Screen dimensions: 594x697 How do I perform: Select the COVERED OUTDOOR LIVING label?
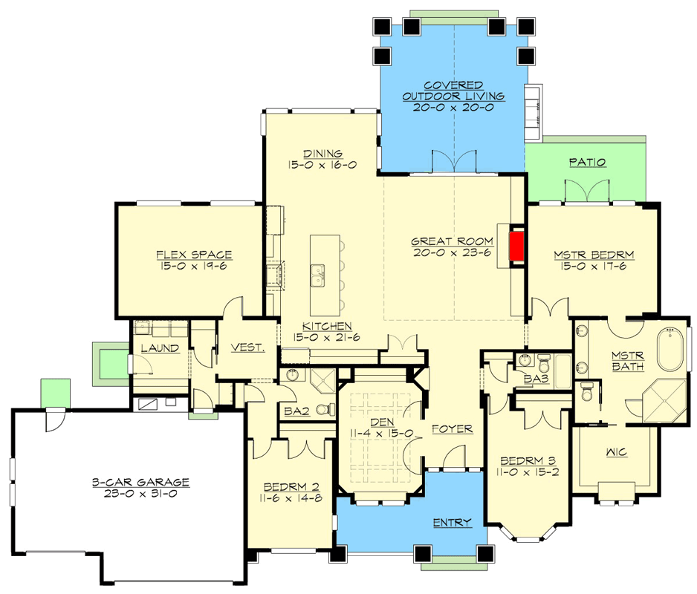pos(453,91)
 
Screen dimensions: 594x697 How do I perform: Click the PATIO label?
pos(587,162)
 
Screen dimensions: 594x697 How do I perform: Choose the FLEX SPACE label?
pos(194,255)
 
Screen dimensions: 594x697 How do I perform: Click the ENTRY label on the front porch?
pos(452,523)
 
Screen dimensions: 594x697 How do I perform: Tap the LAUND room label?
pos(160,347)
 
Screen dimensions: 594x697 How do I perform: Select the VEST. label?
pos(244,347)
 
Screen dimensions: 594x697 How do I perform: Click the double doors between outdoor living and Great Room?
pos(453,161)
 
